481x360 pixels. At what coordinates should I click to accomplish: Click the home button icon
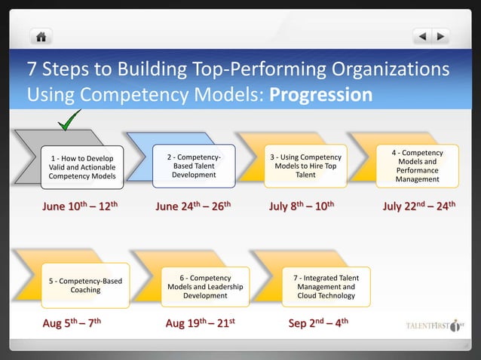[41, 36]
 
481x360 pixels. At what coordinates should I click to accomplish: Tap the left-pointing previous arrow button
[424, 36]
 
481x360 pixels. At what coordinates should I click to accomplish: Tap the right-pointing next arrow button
[440, 36]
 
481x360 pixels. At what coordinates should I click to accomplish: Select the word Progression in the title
[320, 96]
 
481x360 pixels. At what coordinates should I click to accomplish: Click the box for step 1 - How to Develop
[83, 167]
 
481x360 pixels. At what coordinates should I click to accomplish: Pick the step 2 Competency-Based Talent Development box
[194, 166]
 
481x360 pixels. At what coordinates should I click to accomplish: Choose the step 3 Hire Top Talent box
[305, 166]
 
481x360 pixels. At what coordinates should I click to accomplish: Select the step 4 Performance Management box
[417, 166]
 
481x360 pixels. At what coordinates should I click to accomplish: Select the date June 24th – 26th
[192, 206]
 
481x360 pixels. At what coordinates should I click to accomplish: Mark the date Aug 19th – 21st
[201, 325]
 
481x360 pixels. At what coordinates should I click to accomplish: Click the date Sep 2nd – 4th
[317, 325]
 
